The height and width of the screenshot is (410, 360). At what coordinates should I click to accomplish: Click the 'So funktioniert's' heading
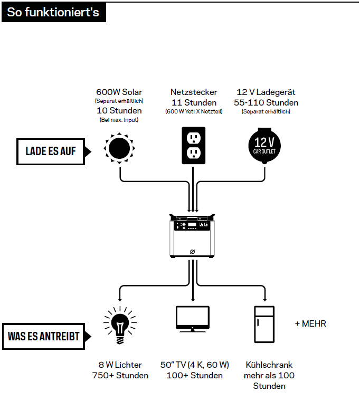tap(53, 12)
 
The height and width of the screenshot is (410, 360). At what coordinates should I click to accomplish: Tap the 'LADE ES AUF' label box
tap(51, 151)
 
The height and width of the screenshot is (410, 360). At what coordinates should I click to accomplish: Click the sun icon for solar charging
tap(119, 148)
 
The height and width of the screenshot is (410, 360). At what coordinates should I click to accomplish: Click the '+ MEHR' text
tap(310, 323)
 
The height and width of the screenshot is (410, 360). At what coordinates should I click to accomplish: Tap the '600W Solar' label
tap(119, 92)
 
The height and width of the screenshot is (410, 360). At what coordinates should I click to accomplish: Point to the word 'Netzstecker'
tap(194, 92)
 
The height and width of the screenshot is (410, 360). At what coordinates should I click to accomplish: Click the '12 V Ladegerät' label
tap(266, 92)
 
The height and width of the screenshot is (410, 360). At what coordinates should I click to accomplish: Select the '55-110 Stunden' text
tap(266, 102)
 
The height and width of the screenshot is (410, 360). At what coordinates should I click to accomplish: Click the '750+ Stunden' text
tap(120, 376)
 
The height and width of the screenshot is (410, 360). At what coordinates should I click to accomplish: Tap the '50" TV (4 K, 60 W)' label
tap(195, 365)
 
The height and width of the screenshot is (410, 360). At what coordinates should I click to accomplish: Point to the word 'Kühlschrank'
tap(269, 365)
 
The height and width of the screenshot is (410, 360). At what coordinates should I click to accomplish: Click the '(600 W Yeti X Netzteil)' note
tap(194, 111)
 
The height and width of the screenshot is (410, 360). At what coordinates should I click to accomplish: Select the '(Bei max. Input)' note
tap(119, 120)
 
